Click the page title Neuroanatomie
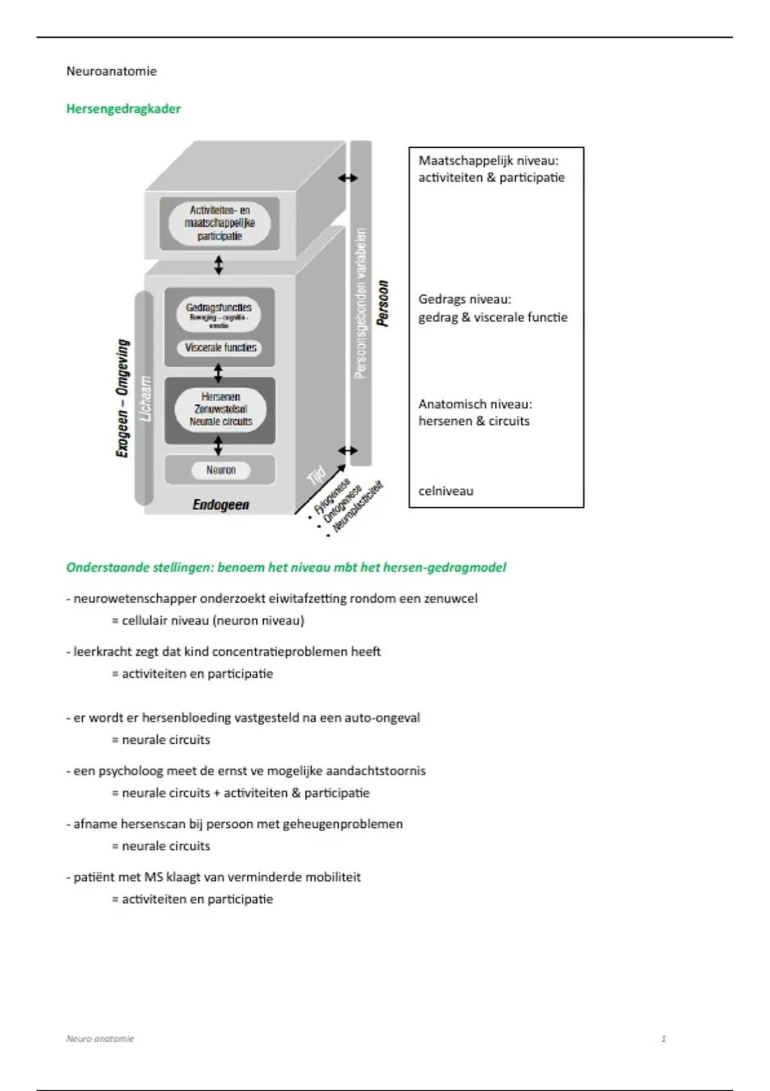(111, 71)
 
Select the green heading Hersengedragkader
(123, 108)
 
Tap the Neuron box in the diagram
(221, 470)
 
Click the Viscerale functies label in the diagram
(221, 348)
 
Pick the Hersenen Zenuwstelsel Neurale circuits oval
(221, 409)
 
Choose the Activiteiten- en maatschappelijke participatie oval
(219, 223)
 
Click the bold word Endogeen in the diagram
(221, 505)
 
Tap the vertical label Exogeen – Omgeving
(122, 398)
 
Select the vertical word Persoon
(383, 304)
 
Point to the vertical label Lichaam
(146, 398)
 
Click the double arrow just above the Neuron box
(219, 445)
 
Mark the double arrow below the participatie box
(219, 264)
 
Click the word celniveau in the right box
(446, 491)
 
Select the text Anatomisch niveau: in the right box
(475, 404)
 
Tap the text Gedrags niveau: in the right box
(465, 299)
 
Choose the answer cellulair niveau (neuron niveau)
(212, 621)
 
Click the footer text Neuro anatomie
(100, 1038)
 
